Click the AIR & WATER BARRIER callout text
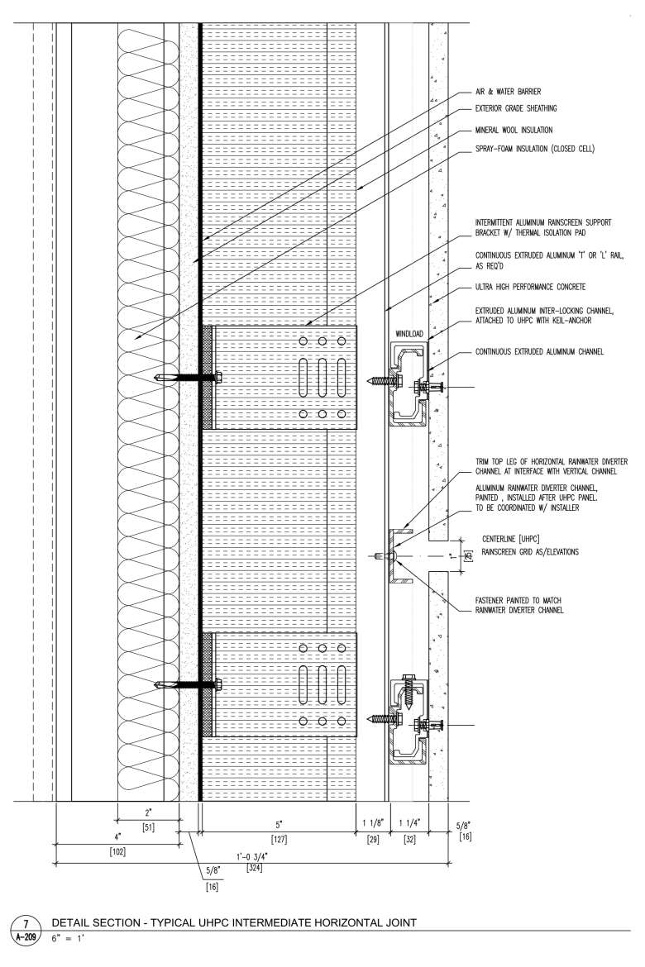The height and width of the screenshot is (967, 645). coord(508,92)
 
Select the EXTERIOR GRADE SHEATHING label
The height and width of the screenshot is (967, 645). coord(515,108)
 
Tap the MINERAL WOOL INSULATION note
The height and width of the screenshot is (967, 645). coord(514,130)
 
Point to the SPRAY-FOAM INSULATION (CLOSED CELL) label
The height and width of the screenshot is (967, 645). coord(535,149)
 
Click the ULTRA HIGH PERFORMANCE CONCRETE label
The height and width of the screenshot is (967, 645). coord(530,287)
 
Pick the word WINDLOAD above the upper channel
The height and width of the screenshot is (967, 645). coord(408,334)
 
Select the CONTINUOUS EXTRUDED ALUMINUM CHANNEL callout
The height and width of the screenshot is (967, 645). coord(539,352)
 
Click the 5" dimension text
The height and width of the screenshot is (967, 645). coord(279,824)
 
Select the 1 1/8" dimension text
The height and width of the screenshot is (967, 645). coord(371,824)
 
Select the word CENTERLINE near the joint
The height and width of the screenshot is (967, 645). coord(499,540)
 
